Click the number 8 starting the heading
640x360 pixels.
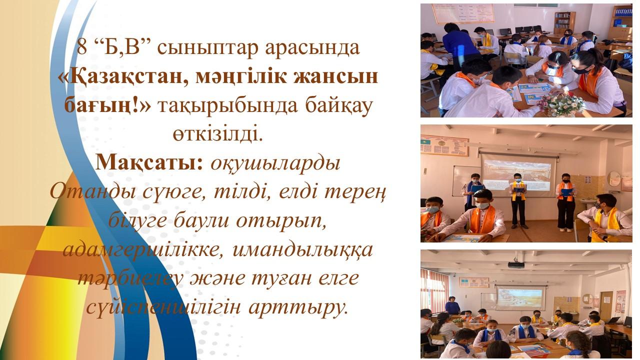(x=81, y=47)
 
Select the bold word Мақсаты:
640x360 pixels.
(x=149, y=163)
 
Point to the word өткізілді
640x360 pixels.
(x=217, y=133)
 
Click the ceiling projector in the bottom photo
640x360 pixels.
(x=516, y=264)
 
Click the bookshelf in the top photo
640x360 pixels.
(x=565, y=23)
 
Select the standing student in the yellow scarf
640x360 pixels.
(x=518, y=200)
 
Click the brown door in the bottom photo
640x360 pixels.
(x=606, y=305)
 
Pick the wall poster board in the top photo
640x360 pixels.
(x=463, y=13)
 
